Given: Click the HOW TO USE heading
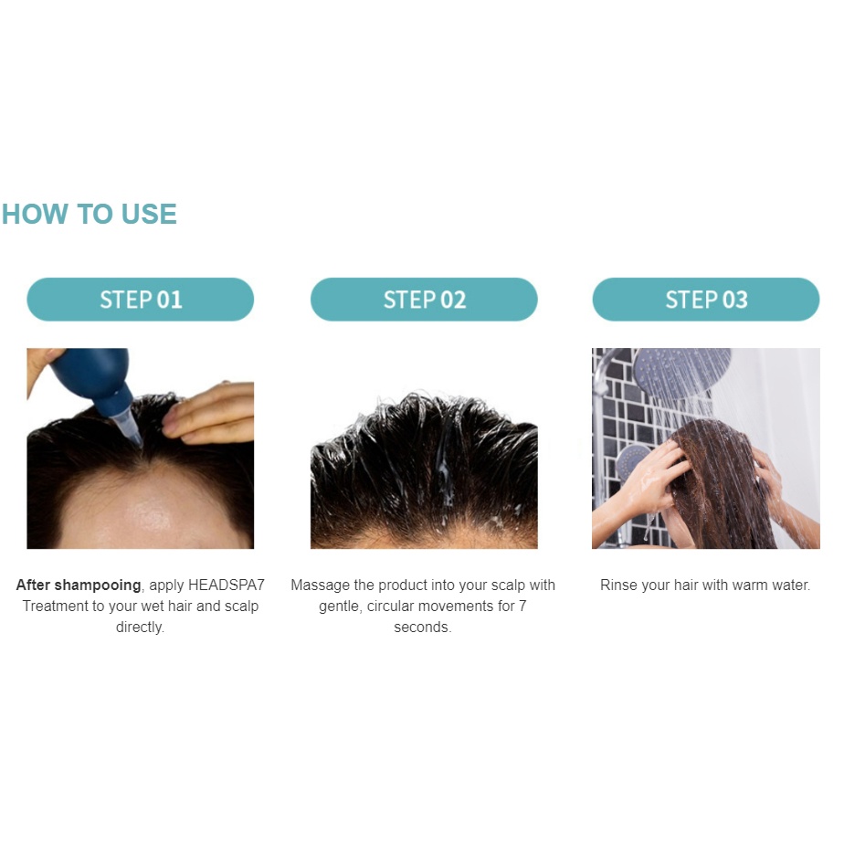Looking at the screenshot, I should point(89,214).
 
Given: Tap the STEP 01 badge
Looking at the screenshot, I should point(140,300).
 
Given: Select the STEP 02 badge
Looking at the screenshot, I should point(424,300).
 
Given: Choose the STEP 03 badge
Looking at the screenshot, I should point(706,300).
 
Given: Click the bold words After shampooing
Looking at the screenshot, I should point(79,586).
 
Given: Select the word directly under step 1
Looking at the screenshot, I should point(140,628).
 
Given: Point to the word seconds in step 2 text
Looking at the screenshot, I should point(423,628).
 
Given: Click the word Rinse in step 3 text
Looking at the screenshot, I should point(619,586).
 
